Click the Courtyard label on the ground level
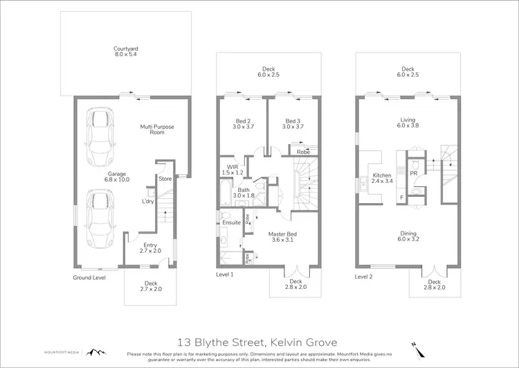pyautogui.click(x=126, y=51)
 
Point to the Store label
pyautogui.click(x=165, y=179)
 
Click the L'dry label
pyautogui.click(x=147, y=202)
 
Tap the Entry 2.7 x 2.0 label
pyautogui.click(x=150, y=248)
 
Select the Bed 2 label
pyautogui.click(x=242, y=124)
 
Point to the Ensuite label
pyautogui.click(x=232, y=222)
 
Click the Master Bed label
pyautogui.click(x=281, y=237)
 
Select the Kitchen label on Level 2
pyautogui.click(x=383, y=179)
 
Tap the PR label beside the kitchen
pyautogui.click(x=413, y=173)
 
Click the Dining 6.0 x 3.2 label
pyautogui.click(x=408, y=237)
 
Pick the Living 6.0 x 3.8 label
pyautogui.click(x=408, y=123)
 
